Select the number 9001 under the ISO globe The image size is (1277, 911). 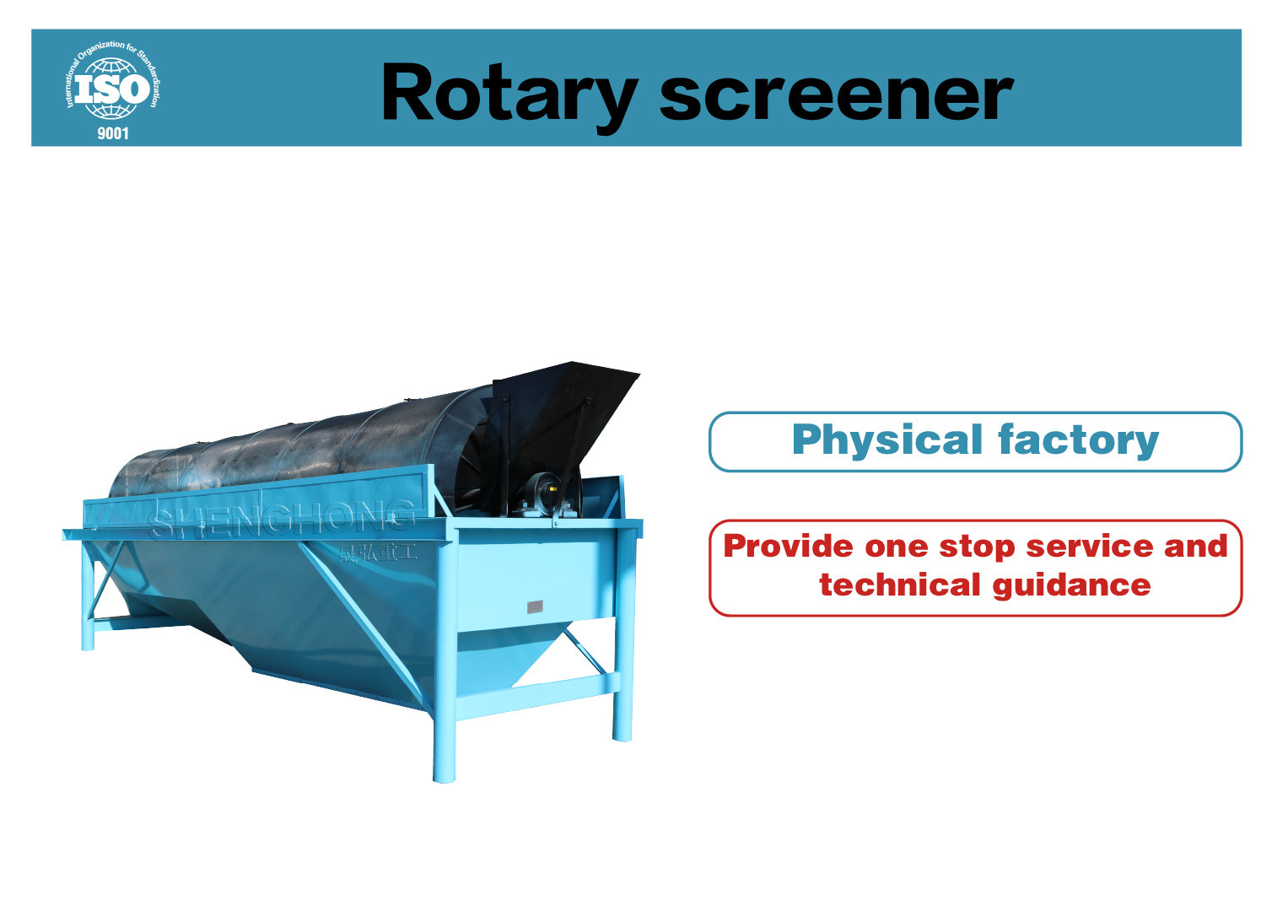point(113,133)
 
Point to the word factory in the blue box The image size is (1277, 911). point(1078,440)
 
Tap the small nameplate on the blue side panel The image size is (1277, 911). point(535,606)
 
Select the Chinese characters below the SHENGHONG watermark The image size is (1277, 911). point(377,553)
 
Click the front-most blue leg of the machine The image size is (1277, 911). point(444,734)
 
